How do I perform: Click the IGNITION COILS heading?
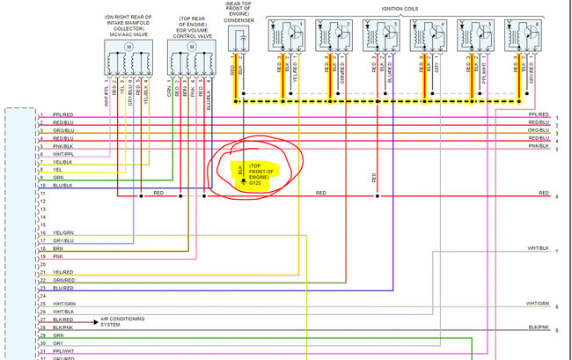[407, 7]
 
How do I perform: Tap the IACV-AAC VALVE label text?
[128, 33]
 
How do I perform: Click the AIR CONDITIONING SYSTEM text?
[123, 321]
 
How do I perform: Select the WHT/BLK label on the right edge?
[538, 248]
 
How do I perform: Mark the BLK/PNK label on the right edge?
[539, 327]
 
